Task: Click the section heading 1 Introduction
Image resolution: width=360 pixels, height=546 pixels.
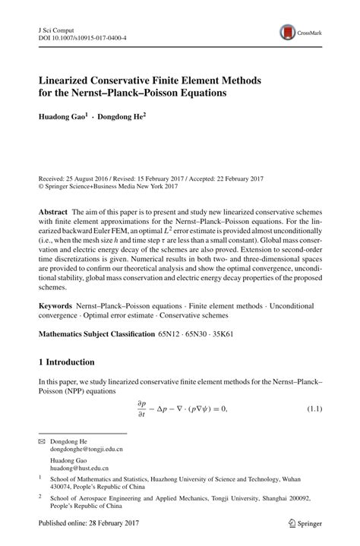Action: [66, 383]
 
